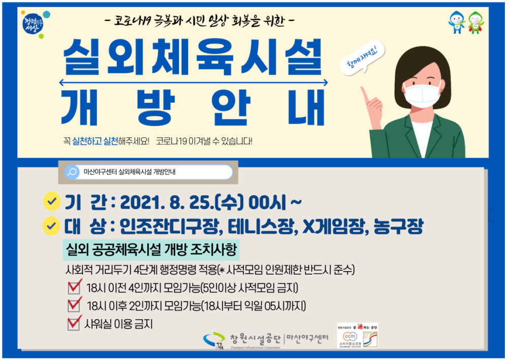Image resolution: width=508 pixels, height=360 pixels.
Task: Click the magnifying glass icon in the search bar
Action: coord(73,172)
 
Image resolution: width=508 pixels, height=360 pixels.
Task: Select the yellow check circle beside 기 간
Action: coord(51,202)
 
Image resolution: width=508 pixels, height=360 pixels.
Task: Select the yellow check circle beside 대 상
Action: coord(51,226)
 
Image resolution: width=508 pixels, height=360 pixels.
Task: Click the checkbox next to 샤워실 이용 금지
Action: coord(74,323)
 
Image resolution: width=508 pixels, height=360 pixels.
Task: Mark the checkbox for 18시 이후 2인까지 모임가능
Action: coord(74,306)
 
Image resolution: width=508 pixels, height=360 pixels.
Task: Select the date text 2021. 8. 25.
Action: coord(165,203)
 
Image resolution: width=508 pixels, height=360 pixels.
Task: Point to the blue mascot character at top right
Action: coord(457,22)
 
